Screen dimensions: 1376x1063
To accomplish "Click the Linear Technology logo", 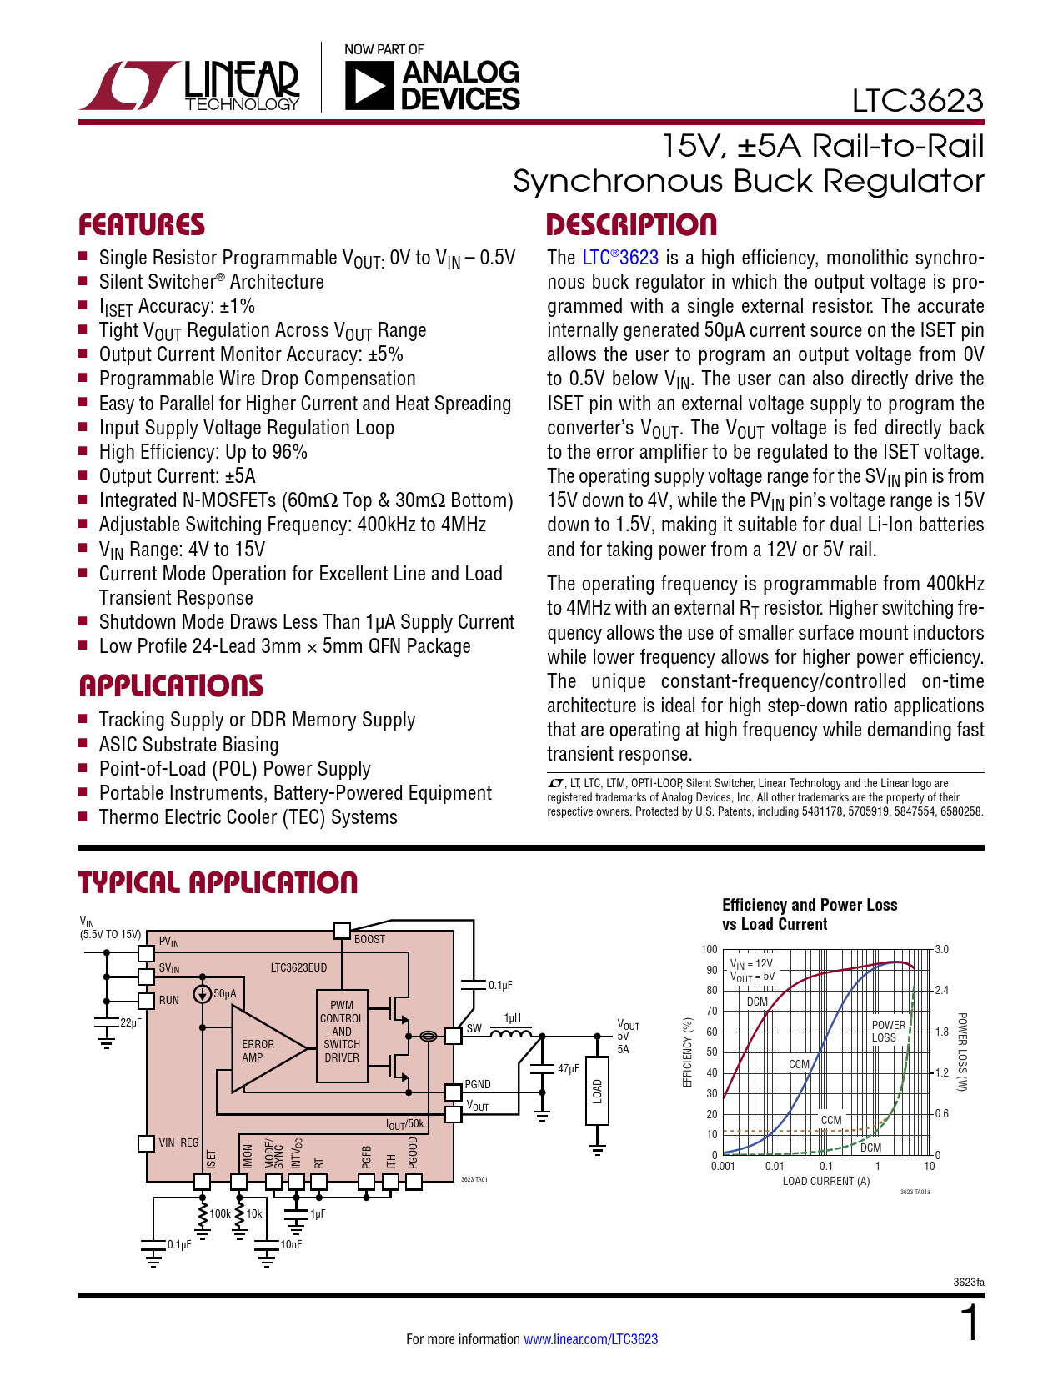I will point(190,84).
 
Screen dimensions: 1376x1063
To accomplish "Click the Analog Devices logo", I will point(432,85).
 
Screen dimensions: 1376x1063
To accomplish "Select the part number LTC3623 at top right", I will point(917,101).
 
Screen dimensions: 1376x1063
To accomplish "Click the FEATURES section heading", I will point(142,225).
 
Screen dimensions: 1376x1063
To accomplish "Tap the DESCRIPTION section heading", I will point(631,225).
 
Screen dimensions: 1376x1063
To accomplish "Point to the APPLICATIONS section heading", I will point(171,686).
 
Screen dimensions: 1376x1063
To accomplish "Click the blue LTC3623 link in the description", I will point(620,258).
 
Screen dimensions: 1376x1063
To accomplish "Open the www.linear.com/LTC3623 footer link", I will point(590,1339).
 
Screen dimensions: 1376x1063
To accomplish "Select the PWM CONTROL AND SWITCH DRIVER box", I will point(342,1032).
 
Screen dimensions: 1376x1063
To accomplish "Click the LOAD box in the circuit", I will point(597,1091).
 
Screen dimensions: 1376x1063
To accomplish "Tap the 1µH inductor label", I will point(512,1018).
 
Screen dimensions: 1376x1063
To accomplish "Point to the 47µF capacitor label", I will point(569,1068).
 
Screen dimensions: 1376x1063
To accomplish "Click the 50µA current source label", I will point(225,993).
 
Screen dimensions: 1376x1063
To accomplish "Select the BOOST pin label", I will point(369,939).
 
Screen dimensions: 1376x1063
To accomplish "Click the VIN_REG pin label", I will point(178,1142).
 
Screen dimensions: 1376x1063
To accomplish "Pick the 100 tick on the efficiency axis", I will point(709,949).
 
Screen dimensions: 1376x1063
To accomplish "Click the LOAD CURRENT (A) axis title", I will point(825,1181).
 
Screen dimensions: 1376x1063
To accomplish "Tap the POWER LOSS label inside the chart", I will point(888,1032).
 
